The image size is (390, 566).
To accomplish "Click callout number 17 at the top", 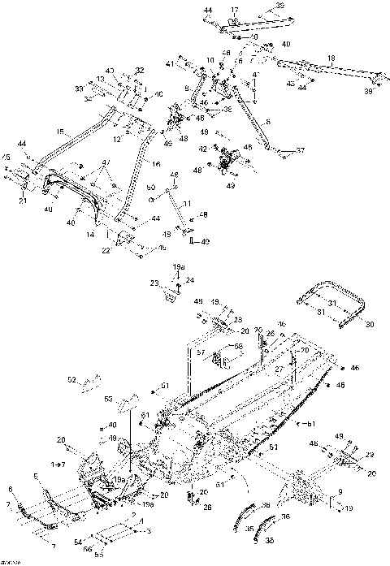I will pyautogui.click(x=234, y=10).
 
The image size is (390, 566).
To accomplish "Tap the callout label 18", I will pyautogui.click(x=331, y=58).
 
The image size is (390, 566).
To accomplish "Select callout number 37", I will pyautogui.click(x=301, y=150).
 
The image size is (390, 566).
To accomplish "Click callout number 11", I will pyautogui.click(x=186, y=203).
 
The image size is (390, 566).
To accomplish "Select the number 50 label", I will pyautogui.click(x=149, y=188).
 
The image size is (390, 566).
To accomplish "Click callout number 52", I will pyautogui.click(x=71, y=379).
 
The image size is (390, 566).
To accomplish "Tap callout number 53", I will pyautogui.click(x=108, y=399).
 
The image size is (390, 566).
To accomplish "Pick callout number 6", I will pyautogui.click(x=10, y=489).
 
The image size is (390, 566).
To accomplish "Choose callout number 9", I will pyautogui.click(x=340, y=492).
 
